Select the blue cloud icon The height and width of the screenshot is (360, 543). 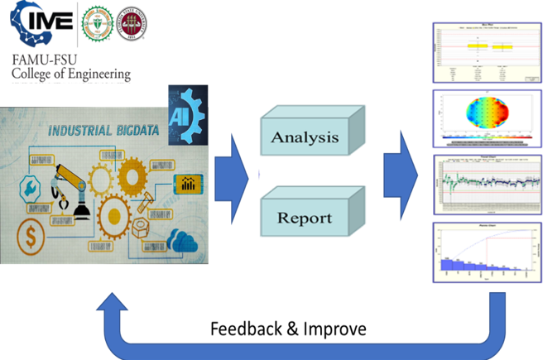click(180, 241)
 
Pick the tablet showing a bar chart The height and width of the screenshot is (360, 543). click(187, 183)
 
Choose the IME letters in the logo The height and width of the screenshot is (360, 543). click(42, 30)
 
